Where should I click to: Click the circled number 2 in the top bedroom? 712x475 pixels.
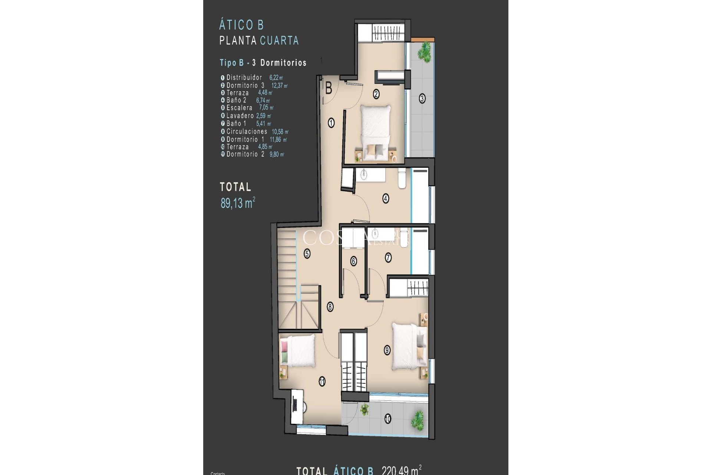coord(376,94)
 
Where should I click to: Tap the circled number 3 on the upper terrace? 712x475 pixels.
coord(422,99)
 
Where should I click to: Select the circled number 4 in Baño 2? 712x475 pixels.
coord(386,199)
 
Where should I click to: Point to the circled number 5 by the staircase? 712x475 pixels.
coord(307,254)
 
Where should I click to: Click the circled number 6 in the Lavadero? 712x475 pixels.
coord(353,261)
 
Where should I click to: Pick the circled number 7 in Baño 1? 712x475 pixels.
coord(388,257)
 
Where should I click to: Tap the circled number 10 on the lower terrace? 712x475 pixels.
coord(388,419)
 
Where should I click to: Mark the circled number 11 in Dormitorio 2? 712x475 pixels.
coord(322,381)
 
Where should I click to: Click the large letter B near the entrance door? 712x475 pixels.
coord(329,89)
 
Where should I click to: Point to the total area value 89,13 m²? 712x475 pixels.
coord(238,203)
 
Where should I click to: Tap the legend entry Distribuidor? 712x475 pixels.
coord(244,78)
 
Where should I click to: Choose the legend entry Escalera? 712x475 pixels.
coord(239,108)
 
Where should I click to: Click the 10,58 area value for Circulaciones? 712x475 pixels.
coord(280,131)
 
